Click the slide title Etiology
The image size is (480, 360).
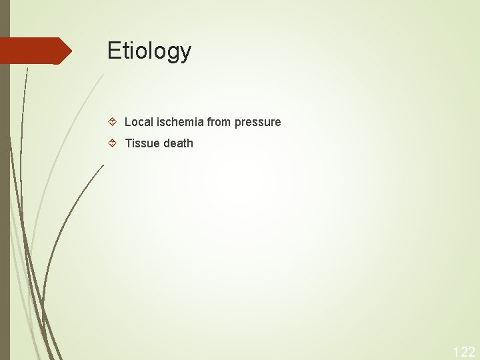149,51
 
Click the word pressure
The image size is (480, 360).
258,123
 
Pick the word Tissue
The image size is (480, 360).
141,143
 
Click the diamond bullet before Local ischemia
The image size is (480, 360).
113,122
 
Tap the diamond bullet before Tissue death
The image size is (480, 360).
113,143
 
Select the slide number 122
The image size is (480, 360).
464,351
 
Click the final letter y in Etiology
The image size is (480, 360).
185,53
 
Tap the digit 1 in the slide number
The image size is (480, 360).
457,351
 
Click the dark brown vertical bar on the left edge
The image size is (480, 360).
5,200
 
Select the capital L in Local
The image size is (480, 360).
127,122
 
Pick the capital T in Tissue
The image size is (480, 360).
128,143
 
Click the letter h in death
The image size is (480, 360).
189,143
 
